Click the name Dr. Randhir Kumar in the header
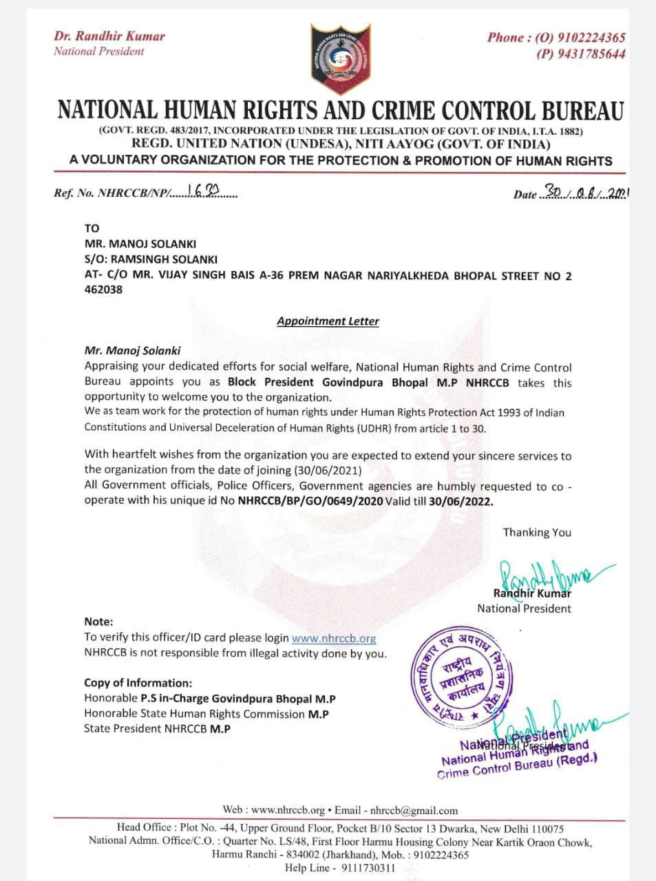pyautogui.click(x=109, y=36)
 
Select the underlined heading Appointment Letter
pyautogui.click(x=328, y=321)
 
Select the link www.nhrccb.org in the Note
pyautogui.click(x=334, y=638)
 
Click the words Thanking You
pyautogui.click(x=537, y=532)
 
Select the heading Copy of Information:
pyautogui.click(x=138, y=683)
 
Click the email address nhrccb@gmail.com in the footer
pyautogui.click(x=414, y=810)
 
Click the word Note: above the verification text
pyautogui.click(x=98, y=622)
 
